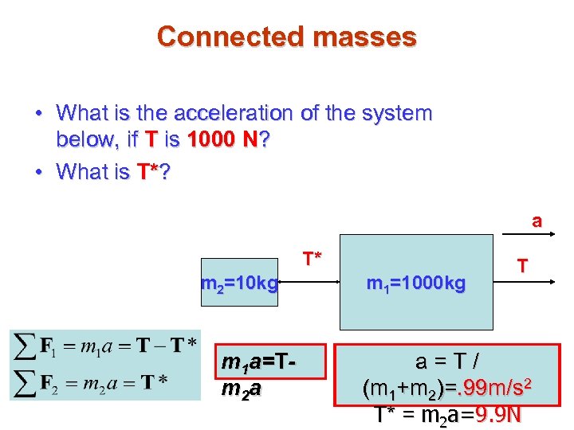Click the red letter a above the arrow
pos(537,221)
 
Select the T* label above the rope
pos(312,259)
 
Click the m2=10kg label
pos(240,283)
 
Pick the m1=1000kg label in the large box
pos(415,283)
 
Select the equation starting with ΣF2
pos(104,379)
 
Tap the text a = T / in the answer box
pos(448,362)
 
